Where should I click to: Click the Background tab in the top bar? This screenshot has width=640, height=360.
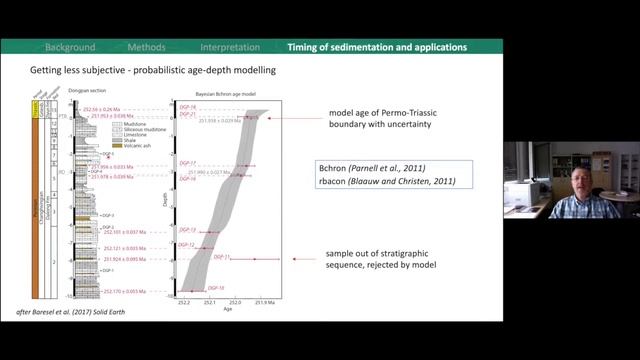(70, 47)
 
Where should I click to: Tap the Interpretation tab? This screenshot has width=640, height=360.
(230, 47)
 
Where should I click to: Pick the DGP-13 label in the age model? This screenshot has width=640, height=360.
(187, 230)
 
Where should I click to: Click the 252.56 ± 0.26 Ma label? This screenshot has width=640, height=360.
(116, 107)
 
